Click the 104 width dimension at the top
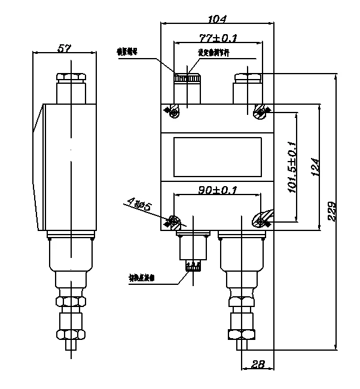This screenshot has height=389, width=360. (218, 19)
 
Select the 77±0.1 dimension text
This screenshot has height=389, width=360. (218, 38)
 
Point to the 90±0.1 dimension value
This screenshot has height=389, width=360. (217, 190)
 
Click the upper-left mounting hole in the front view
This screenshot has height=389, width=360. (174, 111)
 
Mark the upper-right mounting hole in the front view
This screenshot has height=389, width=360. (260, 110)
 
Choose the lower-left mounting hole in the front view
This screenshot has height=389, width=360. (174, 222)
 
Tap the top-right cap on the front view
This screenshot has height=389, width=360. (247, 78)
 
